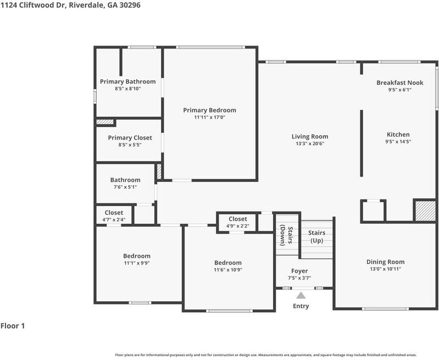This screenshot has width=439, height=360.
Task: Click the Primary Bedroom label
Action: point(209,110)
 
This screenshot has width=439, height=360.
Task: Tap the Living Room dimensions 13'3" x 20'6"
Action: point(310,143)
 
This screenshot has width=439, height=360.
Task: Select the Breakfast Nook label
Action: point(400,82)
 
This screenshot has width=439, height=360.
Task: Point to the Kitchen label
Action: point(398,135)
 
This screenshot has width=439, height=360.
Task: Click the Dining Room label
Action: point(386,262)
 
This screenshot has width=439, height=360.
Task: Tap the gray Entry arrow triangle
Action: point(301,295)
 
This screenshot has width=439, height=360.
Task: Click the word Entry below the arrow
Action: point(301,306)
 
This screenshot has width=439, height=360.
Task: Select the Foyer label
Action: point(299,271)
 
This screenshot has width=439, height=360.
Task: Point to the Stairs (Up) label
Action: point(316,237)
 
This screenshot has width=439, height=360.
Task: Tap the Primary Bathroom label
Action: point(127,81)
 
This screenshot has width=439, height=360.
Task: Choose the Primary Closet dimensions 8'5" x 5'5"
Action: point(130,145)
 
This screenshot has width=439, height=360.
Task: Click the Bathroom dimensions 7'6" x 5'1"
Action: point(125,187)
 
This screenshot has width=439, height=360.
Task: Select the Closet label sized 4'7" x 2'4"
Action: point(114,213)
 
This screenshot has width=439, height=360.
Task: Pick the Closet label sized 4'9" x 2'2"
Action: point(238,219)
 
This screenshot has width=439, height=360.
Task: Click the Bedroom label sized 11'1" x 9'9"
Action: point(137,256)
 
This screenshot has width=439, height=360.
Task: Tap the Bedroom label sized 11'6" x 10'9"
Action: point(228,263)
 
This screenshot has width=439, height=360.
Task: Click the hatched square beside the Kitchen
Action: point(425,211)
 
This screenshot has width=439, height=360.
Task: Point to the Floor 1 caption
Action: point(13,326)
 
